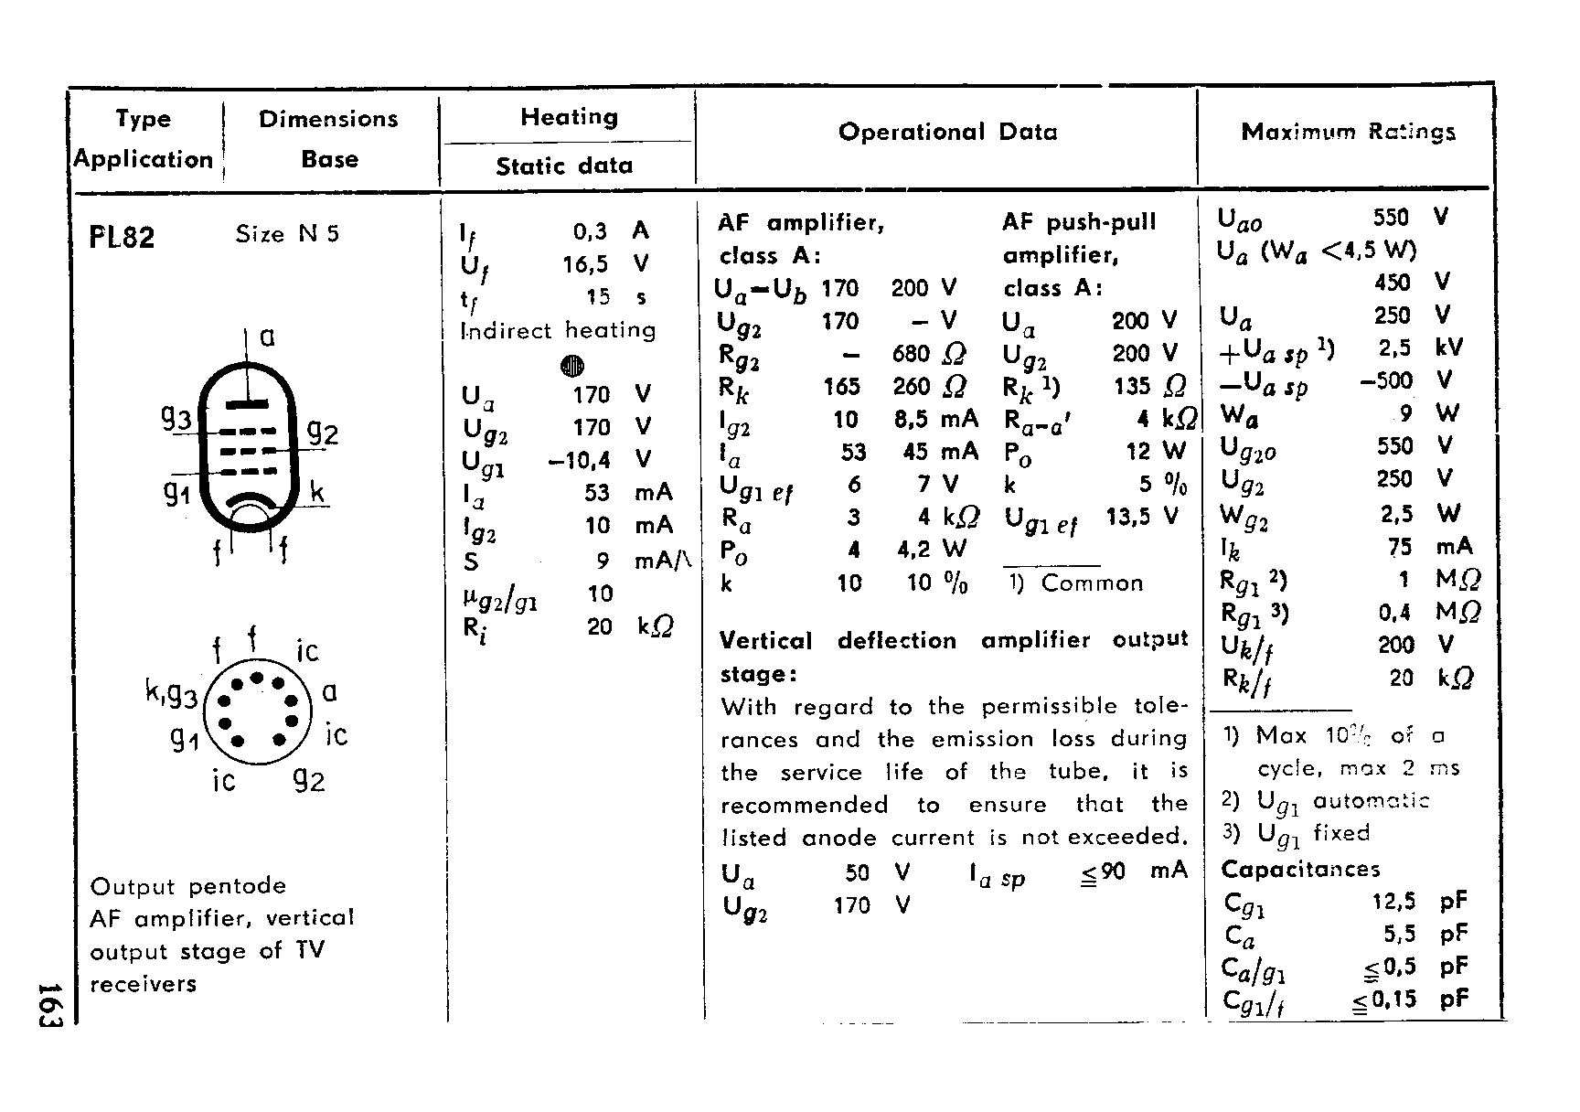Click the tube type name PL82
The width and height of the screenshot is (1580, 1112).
(122, 238)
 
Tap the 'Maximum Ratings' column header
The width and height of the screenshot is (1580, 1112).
(1348, 132)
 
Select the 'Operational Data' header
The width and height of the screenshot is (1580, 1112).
(947, 132)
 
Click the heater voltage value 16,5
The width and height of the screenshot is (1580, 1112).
(585, 264)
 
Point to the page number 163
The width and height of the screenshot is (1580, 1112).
(49, 1004)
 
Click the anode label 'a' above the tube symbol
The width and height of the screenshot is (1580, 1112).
(267, 337)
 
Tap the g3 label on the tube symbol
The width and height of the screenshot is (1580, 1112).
(176, 419)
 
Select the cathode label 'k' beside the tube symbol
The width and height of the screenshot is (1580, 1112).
(316, 493)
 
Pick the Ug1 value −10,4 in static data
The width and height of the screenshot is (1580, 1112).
(579, 460)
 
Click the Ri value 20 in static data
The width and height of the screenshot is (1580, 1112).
(600, 626)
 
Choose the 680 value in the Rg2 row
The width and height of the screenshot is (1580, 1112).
(911, 354)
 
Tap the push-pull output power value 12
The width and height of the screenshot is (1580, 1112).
(1137, 451)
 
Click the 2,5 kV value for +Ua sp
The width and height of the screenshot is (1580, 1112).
(1395, 347)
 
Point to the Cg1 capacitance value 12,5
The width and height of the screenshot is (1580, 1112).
(1393, 901)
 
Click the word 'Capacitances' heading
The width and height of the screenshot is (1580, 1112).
(1300, 869)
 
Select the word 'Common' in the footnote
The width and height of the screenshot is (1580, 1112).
(1092, 583)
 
